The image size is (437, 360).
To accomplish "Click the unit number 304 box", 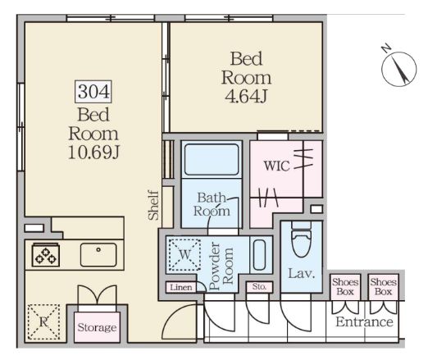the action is click(93, 92).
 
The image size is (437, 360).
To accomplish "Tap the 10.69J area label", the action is click(94, 153).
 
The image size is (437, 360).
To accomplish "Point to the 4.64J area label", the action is click(246, 97).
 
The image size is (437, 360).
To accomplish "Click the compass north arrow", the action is click(398, 68).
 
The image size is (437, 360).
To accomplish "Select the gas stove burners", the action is click(45, 255).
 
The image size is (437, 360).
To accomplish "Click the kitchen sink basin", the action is click(98, 254).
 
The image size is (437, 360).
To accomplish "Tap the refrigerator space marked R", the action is click(43, 322).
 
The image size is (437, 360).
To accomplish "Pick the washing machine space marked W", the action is click(184, 254).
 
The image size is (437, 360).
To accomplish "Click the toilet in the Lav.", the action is click(302, 239).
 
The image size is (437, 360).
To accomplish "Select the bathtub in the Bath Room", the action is click(212, 160).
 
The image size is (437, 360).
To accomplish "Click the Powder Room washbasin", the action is click(259, 254).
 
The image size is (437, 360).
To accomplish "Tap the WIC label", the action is click(277, 166).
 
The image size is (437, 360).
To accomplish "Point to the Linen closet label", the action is click(181, 287).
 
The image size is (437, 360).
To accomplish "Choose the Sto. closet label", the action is click(259, 286).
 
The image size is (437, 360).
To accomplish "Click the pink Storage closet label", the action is click(97, 327).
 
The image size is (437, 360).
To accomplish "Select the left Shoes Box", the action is click(345, 286).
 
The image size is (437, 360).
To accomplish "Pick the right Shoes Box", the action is click(383, 286).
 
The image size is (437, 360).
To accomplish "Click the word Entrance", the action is click(364, 321).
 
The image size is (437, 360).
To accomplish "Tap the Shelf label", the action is click(153, 205).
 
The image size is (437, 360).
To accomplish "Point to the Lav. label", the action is click(301, 274).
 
